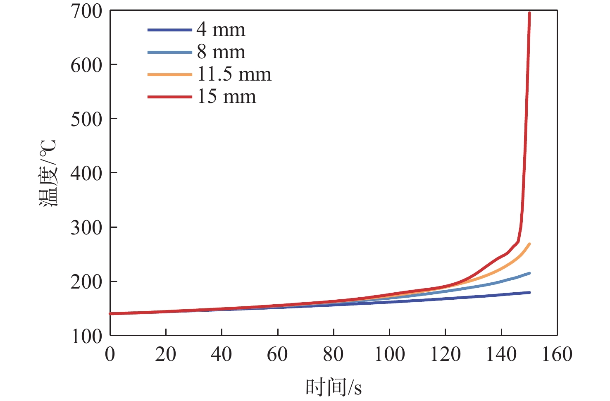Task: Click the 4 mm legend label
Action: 221,30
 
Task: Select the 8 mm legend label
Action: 221,52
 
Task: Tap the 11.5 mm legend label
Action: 234,74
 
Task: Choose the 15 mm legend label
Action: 226,97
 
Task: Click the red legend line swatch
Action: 170,97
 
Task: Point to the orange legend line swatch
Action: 170,74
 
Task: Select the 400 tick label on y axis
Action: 86,173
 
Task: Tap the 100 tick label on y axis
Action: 86,336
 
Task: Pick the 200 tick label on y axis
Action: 86,282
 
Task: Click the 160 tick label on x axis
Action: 557,355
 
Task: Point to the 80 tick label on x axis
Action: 333,355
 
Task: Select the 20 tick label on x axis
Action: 166,355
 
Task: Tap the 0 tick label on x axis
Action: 110,355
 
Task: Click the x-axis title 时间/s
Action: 334,387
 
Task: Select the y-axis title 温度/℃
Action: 48,173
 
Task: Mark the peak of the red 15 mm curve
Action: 529,13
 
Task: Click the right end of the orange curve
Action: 529,244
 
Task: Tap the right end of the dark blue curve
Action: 529,292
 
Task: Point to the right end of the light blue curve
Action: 529,273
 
